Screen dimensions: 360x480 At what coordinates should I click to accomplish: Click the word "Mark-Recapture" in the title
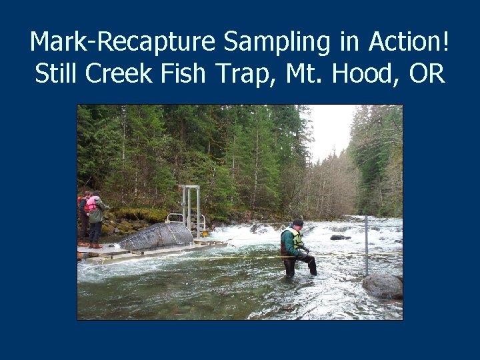pos(123,42)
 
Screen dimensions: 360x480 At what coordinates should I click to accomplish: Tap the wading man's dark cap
pos(298,222)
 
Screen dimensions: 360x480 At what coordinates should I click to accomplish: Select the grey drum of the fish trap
pos(156,236)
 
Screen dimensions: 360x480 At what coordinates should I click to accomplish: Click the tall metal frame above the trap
pos(189,207)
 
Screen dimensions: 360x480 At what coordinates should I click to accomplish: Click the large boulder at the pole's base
pos(383,285)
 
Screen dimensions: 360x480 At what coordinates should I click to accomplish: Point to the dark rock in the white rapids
pos(340,237)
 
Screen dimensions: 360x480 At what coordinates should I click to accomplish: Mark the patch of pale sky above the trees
pos(331,130)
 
